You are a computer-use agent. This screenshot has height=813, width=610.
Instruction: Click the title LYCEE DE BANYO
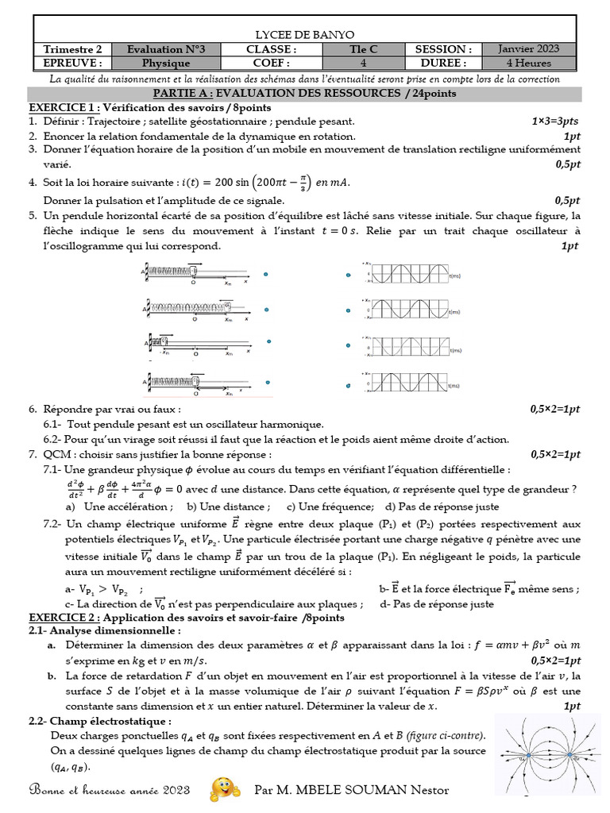304,34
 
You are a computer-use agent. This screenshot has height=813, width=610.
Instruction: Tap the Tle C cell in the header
364,49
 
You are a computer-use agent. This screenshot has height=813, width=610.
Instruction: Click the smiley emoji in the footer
225,788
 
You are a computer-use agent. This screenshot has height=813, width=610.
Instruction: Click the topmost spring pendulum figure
199,274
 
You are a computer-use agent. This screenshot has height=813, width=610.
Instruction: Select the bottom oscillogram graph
413,383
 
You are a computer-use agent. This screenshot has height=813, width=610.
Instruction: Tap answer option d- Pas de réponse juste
437,603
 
